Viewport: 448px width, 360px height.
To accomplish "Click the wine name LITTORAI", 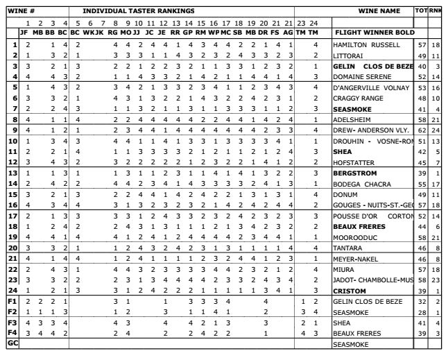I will [x=349, y=55].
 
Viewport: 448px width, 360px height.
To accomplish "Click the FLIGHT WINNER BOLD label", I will [x=374, y=33].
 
